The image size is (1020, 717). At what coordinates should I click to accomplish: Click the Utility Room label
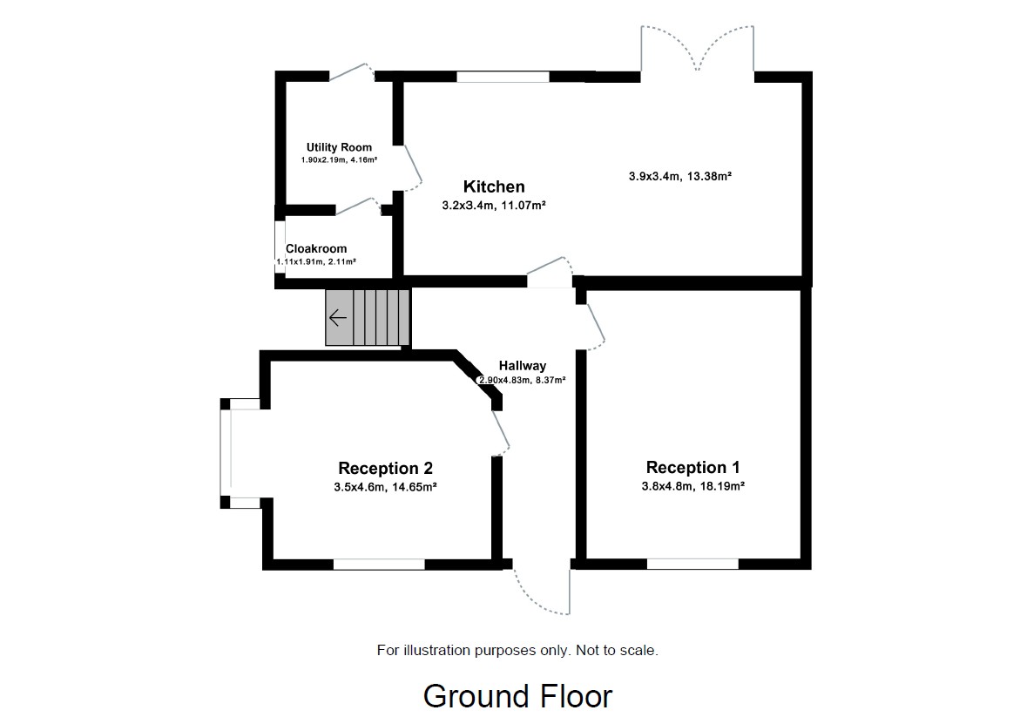pyautogui.click(x=339, y=147)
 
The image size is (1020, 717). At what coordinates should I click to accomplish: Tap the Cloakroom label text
pyautogui.click(x=316, y=248)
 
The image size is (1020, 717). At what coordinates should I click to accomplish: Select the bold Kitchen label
pyautogui.click(x=494, y=186)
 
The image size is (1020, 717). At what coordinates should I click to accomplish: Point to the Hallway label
pyautogui.click(x=523, y=366)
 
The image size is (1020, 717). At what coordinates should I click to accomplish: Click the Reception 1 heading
pyautogui.click(x=692, y=468)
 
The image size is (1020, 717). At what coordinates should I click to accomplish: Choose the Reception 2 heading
pyautogui.click(x=385, y=468)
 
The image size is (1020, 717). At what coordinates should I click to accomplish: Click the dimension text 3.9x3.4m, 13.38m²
pyautogui.click(x=679, y=176)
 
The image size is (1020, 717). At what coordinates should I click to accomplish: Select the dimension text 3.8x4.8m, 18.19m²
pyautogui.click(x=692, y=487)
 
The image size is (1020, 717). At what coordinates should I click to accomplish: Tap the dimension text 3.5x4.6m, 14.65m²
pyautogui.click(x=385, y=487)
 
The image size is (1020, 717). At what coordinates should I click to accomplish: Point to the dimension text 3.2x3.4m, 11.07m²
pyautogui.click(x=494, y=206)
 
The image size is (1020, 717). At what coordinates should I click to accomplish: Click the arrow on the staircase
pyautogui.click(x=338, y=318)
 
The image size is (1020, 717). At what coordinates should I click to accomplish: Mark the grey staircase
pyautogui.click(x=368, y=318)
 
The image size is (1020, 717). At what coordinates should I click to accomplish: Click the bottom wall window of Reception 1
pyautogui.click(x=692, y=564)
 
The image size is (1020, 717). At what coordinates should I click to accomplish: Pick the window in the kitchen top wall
pyautogui.click(x=503, y=77)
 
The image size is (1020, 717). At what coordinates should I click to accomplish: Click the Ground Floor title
pyautogui.click(x=517, y=696)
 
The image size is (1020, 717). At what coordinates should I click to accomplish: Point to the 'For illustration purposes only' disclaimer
pyautogui.click(x=517, y=650)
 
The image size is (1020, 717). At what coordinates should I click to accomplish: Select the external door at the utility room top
pyautogui.click(x=351, y=73)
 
